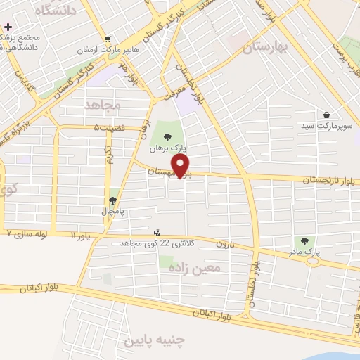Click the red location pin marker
pyautogui.click(x=181, y=166)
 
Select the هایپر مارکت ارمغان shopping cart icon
pyautogui.click(x=107, y=39)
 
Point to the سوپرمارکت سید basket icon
pyautogui.click(x=327, y=115)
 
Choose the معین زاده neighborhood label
pyautogui.click(x=200, y=267)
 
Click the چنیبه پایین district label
pyautogui.click(x=153, y=341)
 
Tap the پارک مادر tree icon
pyautogui.click(x=304, y=241)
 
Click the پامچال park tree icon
pyautogui.click(x=113, y=200)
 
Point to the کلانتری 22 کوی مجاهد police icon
pyautogui.click(x=157, y=233)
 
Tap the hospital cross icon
pyautogui.click(x=8, y=27)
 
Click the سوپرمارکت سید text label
pyautogui.click(x=327, y=125)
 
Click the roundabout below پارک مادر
pyautogui.click(x=311, y=261)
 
